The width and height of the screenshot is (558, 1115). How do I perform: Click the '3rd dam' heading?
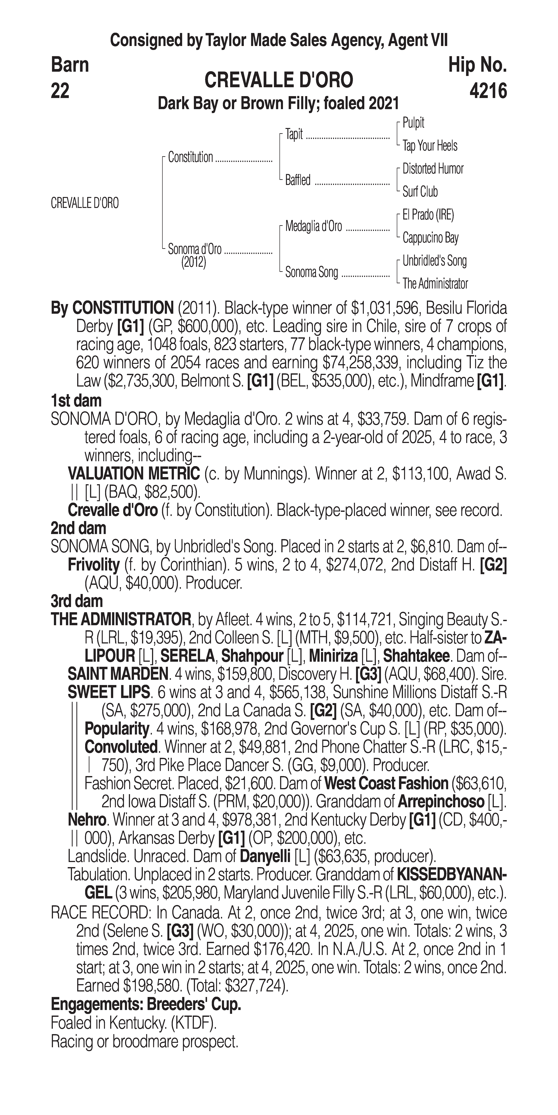click(x=77, y=601)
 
